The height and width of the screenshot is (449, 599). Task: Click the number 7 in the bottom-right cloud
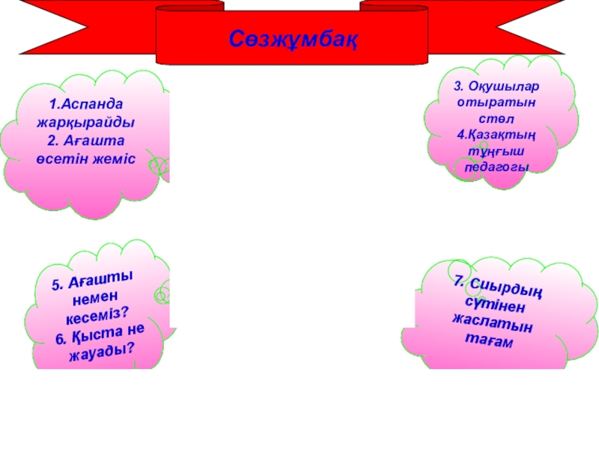coord(458,281)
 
